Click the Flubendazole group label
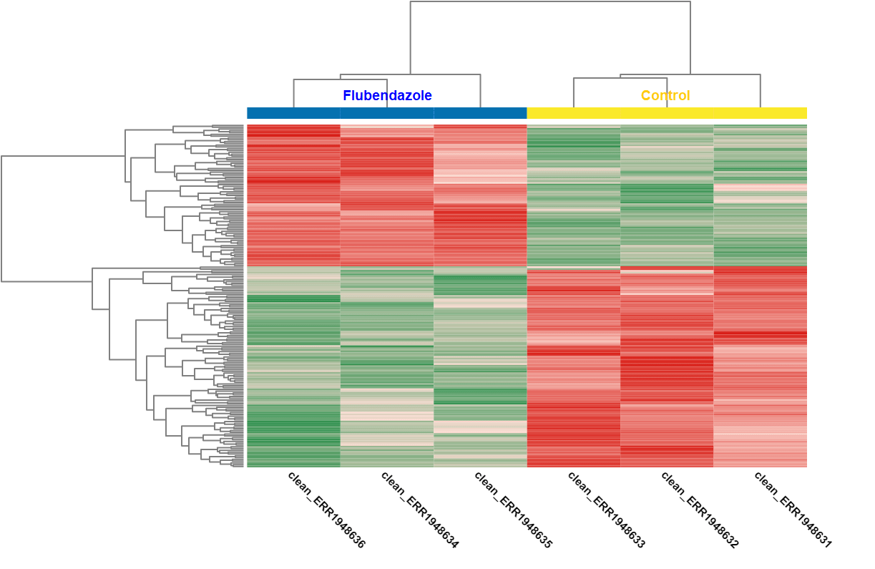tap(387, 95)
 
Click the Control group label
tap(665, 95)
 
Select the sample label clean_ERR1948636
tap(326, 510)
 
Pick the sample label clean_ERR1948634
tap(420, 510)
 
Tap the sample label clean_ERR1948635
tap(513, 510)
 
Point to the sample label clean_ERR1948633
tap(607, 510)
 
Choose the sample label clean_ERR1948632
tap(700, 510)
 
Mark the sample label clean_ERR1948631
tap(793, 510)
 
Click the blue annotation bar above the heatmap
tap(387, 113)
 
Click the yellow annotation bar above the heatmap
tap(667, 113)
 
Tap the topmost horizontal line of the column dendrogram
tap(550, 1)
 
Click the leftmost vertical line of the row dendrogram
tap(1, 219)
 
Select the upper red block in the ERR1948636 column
tap(293, 195)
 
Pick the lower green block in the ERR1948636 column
tap(293, 367)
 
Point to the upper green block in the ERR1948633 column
tap(574, 195)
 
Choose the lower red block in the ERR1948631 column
tap(760, 367)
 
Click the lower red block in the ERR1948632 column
tap(667, 367)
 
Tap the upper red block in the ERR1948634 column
tap(387, 195)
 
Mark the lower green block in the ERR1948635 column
tap(480, 367)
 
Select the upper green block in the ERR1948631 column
tap(760, 195)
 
